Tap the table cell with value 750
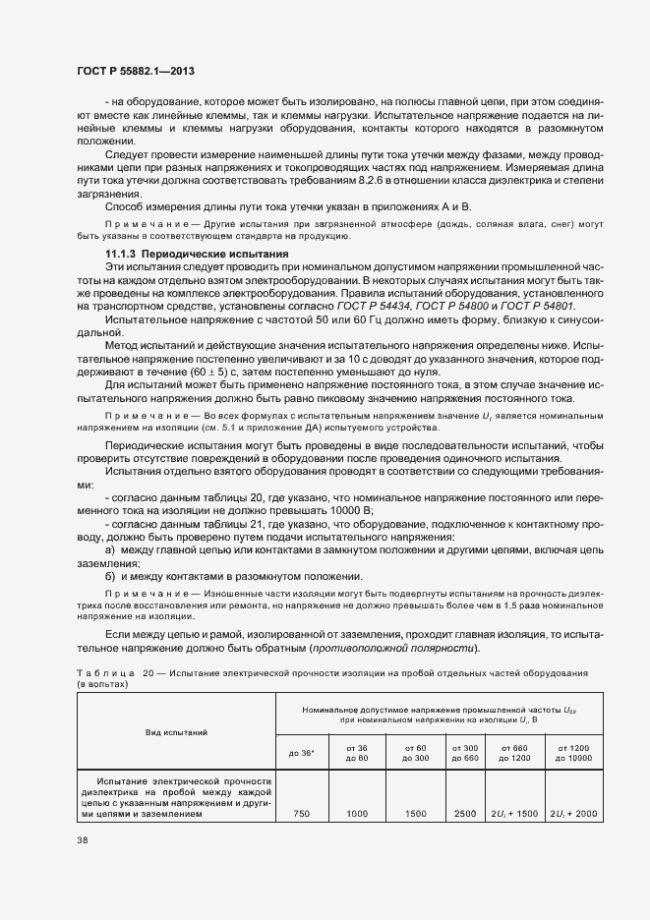point(302,814)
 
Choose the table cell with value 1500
point(416,814)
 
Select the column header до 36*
point(302,753)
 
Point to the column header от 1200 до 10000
point(573,753)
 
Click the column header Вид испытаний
point(176,732)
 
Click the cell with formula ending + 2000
point(573,814)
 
